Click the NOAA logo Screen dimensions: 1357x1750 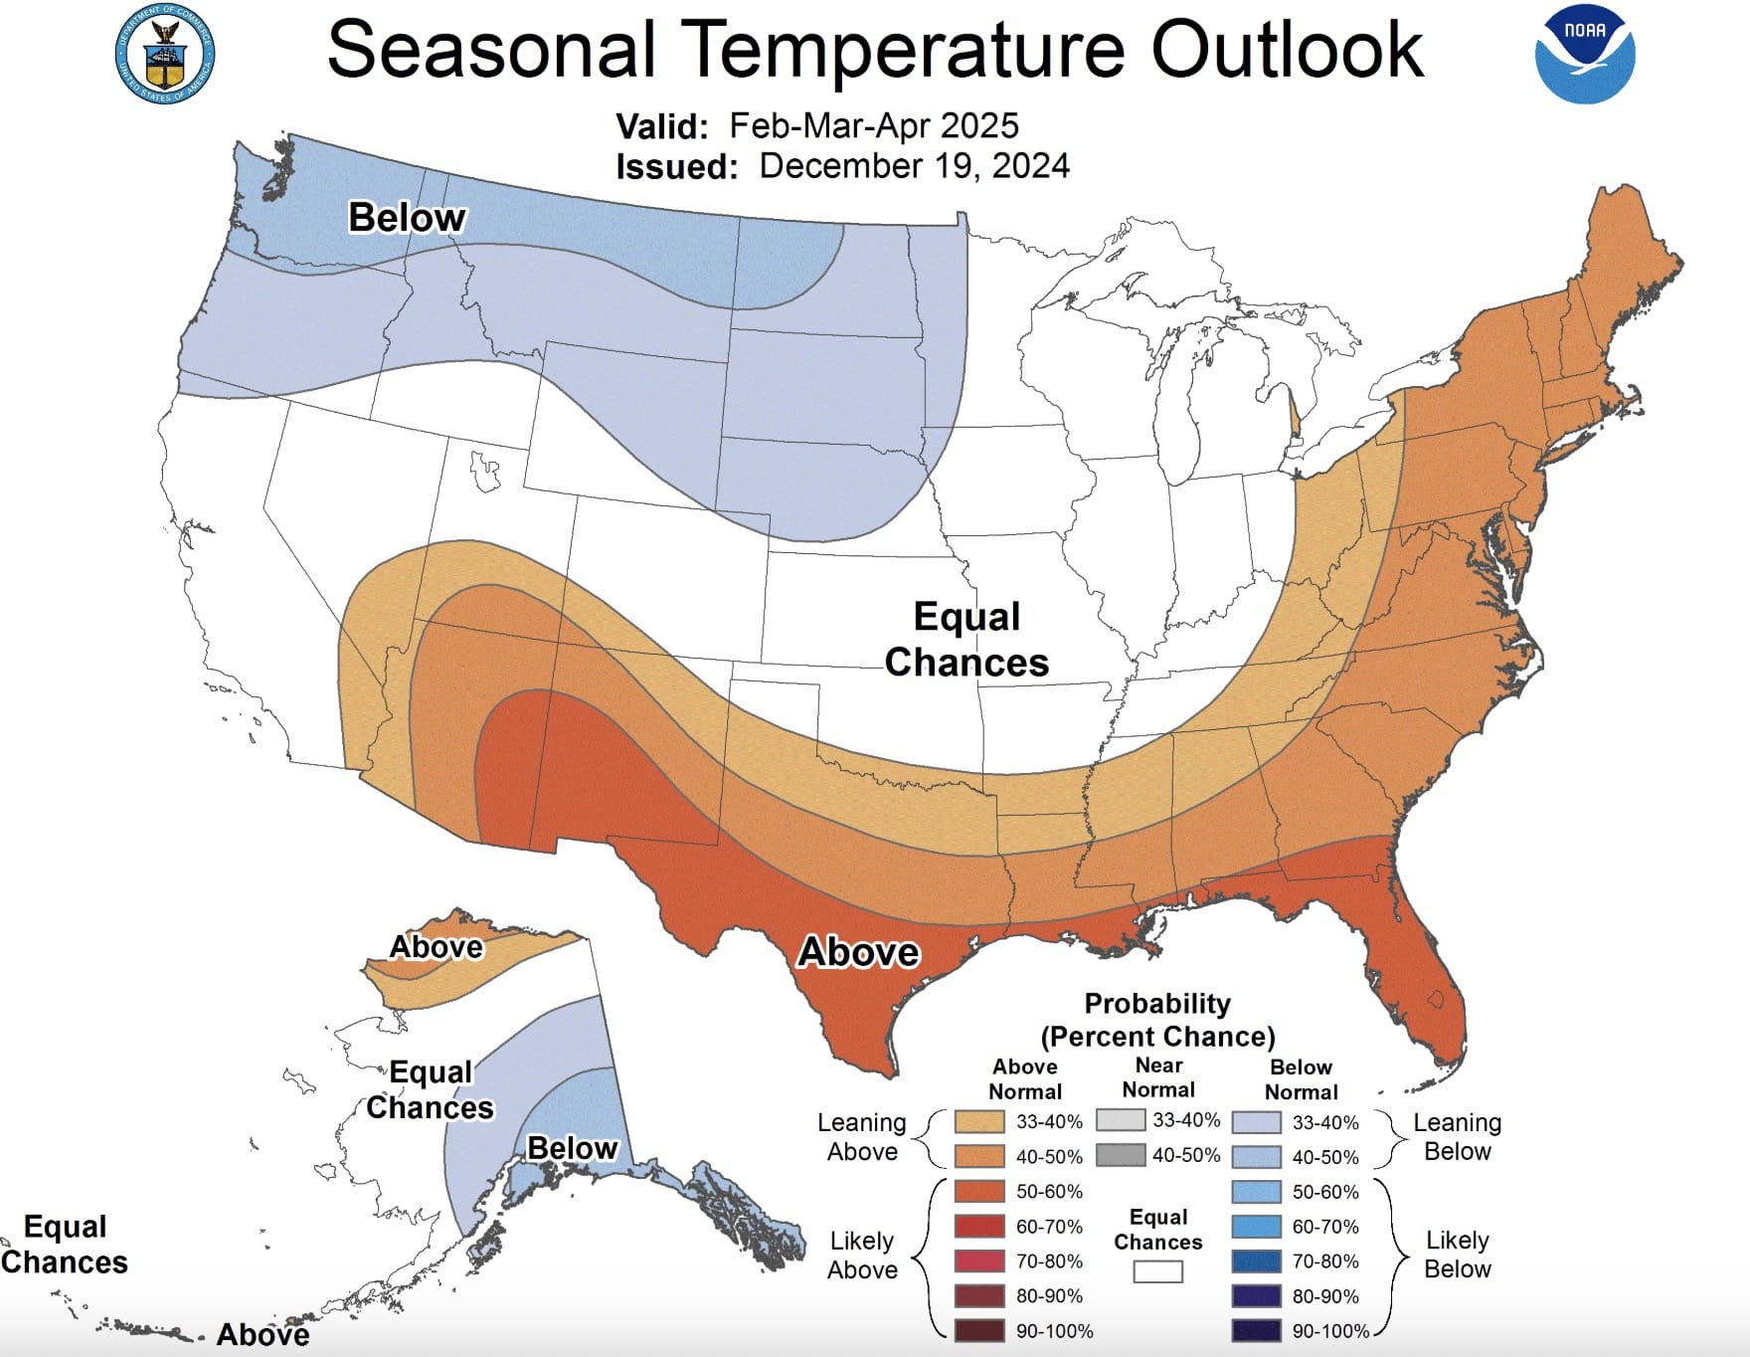1584,54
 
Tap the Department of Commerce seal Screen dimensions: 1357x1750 165,54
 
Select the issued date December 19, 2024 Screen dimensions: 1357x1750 914,165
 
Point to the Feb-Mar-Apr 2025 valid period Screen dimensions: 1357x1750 873,125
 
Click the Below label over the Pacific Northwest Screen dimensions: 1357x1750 407,217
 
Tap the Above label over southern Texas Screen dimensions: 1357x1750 859,952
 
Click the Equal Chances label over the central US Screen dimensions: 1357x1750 966,640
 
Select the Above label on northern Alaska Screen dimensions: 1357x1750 436,946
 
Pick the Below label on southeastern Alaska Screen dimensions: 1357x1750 572,1148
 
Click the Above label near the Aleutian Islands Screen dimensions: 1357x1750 262,1334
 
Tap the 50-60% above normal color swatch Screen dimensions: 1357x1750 978,1191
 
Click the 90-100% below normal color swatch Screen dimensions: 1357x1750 1256,1330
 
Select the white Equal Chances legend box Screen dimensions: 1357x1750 1158,1271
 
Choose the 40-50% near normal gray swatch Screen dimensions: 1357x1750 1121,1155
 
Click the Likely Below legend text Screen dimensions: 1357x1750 1457,1255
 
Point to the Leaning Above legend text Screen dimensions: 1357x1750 862,1137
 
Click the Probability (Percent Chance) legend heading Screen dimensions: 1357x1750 1157,1020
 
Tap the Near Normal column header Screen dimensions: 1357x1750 1158,1077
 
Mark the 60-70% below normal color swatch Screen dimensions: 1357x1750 1256,1226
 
